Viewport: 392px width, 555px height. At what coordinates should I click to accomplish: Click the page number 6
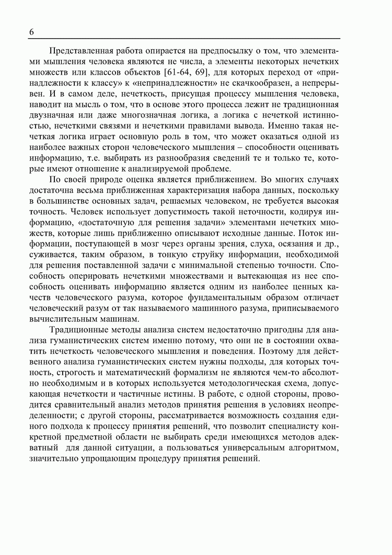(32, 31)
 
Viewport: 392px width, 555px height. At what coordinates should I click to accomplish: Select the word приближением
(204, 179)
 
